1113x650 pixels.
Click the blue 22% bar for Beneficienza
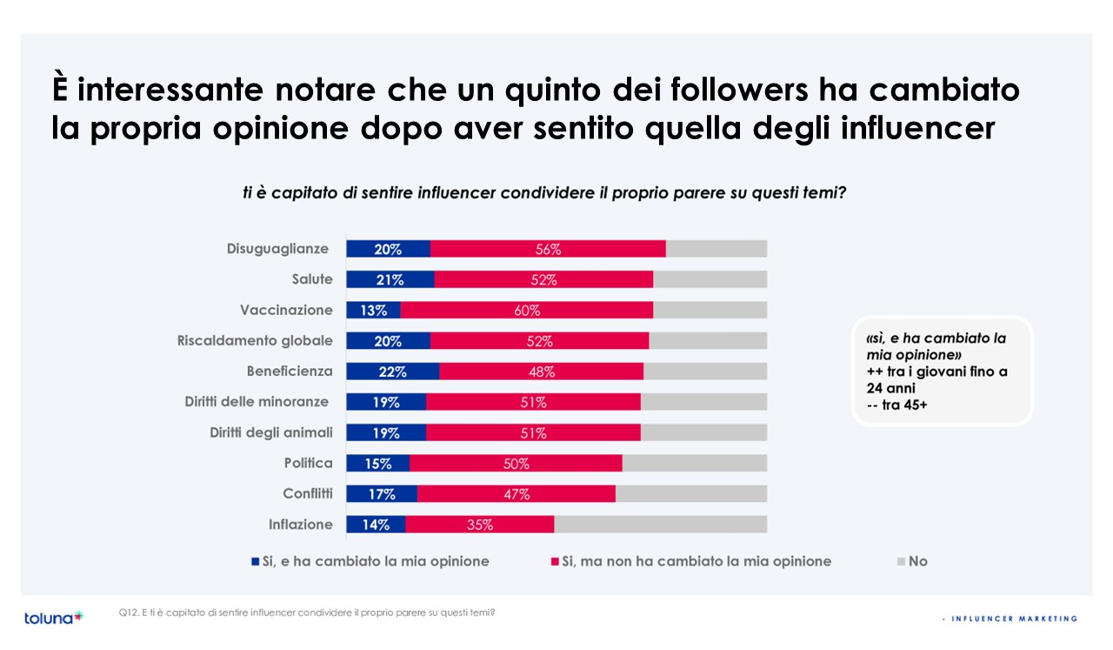pyautogui.click(x=393, y=372)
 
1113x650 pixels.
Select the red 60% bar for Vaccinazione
pyautogui.click(x=527, y=311)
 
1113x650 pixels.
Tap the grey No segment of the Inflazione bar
pyautogui.click(x=661, y=525)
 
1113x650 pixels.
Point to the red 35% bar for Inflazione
pyautogui.click(x=480, y=525)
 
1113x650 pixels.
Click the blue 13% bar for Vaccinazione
pyautogui.click(x=374, y=311)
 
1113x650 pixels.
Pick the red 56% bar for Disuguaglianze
pyautogui.click(x=548, y=249)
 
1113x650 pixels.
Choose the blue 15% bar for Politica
pyautogui.click(x=378, y=464)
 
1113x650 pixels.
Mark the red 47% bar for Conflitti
pyautogui.click(x=517, y=494)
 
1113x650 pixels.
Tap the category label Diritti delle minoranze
pyautogui.click(x=257, y=401)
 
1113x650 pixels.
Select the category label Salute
pyautogui.click(x=312, y=279)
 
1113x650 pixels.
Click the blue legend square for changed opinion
pyautogui.click(x=255, y=562)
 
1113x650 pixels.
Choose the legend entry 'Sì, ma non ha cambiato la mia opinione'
pyautogui.click(x=696, y=561)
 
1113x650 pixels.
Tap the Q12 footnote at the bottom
pyautogui.click(x=307, y=613)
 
